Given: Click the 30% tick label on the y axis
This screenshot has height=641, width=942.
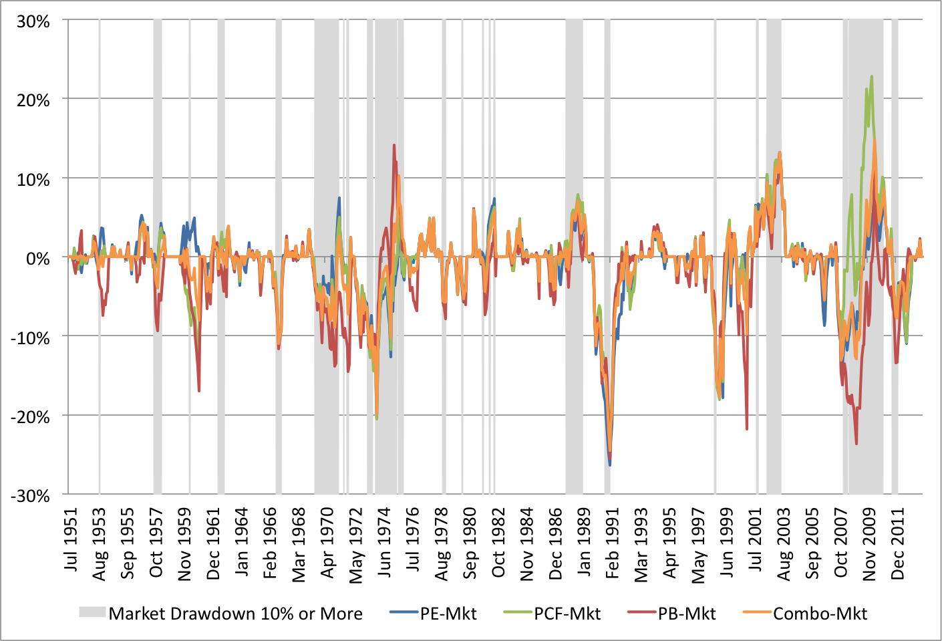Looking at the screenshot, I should click(x=33, y=21).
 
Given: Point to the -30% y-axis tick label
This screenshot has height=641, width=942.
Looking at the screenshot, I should click(x=30, y=496).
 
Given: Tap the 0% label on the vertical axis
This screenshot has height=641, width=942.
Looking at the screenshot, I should click(x=38, y=259).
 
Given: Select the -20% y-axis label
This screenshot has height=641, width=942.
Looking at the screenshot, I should click(x=30, y=417).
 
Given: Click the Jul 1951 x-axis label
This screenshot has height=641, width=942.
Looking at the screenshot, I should click(x=71, y=540).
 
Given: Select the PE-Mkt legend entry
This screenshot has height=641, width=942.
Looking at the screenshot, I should click(x=448, y=614).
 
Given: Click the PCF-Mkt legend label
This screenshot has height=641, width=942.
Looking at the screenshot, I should click(x=567, y=614).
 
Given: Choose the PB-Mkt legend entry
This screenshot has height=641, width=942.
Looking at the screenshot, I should click(x=687, y=614).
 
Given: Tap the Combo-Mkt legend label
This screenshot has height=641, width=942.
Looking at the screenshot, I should click(x=820, y=614).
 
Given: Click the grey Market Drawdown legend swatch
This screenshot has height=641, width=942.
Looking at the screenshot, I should click(x=92, y=612).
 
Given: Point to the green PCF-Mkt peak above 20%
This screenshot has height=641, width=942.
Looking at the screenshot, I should click(x=872, y=76).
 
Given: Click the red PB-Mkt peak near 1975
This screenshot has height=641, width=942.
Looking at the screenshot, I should click(x=394, y=145).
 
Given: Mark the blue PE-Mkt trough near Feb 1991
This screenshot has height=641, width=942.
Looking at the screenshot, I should click(x=609, y=465).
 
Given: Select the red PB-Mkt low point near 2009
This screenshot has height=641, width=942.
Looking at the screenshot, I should click(x=856, y=444).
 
